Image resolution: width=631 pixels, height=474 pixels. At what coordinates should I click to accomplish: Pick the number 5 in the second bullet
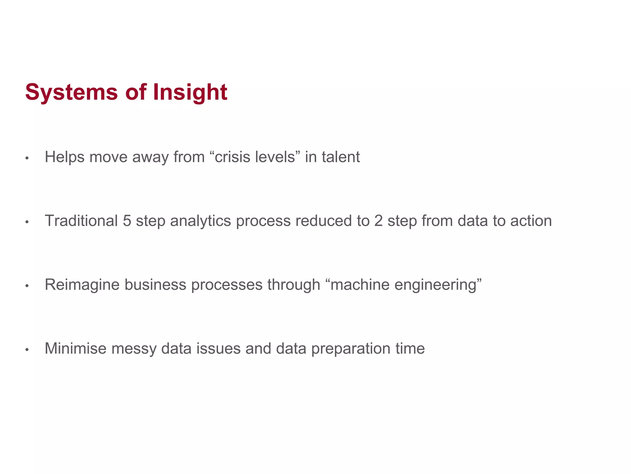click(x=127, y=221)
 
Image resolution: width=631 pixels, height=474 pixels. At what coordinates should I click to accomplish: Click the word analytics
click(x=201, y=221)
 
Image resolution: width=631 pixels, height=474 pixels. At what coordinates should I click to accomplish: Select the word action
click(x=531, y=221)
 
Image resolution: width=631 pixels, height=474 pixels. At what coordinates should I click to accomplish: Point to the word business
click(x=155, y=285)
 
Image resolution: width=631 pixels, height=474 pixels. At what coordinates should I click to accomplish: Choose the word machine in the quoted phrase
click(x=360, y=285)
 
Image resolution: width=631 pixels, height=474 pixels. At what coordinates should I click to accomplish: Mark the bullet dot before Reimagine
click(x=27, y=286)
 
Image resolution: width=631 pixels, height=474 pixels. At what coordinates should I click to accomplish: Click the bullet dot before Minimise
click(x=27, y=350)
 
